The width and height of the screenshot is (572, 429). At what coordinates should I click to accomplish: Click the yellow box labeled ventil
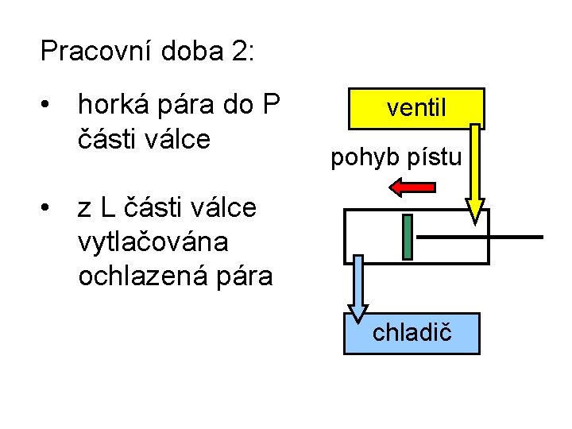point(415,108)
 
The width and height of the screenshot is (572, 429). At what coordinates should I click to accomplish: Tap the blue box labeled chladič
point(412,333)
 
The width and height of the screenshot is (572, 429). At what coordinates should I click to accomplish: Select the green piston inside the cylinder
point(408,237)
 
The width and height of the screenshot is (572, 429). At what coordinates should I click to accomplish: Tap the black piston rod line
point(480,237)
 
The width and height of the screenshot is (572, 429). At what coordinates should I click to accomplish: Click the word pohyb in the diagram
point(359,158)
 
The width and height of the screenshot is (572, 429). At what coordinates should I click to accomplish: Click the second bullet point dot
point(48,208)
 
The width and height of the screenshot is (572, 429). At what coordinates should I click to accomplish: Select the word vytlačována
point(153,242)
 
